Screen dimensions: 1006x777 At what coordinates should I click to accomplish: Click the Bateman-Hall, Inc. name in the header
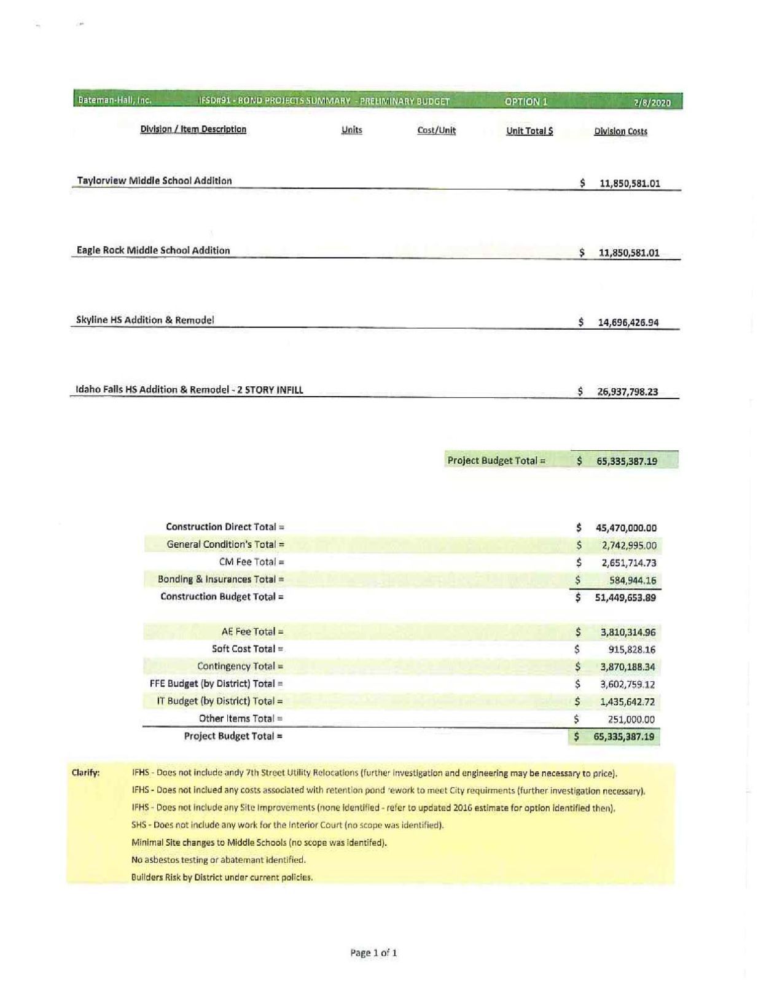[x=114, y=100]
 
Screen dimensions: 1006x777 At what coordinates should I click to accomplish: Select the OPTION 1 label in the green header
[x=526, y=101]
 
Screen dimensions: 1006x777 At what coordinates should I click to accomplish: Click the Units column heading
[x=351, y=130]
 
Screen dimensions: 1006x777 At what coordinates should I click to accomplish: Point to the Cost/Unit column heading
[x=436, y=130]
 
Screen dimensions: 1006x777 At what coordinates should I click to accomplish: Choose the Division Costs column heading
[x=620, y=131]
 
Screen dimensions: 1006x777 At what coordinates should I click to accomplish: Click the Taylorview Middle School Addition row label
[x=154, y=181]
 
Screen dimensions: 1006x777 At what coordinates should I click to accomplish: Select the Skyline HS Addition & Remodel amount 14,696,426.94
[x=628, y=322]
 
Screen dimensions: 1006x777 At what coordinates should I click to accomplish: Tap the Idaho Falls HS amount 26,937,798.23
[x=627, y=392]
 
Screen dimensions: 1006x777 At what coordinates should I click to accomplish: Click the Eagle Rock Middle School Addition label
[x=153, y=250]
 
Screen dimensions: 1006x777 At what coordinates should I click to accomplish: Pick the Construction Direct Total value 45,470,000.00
[x=626, y=528]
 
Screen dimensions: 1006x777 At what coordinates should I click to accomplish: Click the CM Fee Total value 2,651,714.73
[x=628, y=563]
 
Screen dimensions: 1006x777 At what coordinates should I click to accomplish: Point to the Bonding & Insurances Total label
[x=221, y=579]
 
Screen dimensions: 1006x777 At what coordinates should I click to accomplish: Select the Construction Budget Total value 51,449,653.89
[x=625, y=598]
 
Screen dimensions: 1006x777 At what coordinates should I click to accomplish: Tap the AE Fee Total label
[x=252, y=631]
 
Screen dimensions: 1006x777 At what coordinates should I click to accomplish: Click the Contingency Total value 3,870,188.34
[x=627, y=667]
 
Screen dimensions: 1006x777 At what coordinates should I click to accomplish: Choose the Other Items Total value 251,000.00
[x=631, y=719]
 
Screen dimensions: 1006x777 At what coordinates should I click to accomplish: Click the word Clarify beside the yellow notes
[x=85, y=773]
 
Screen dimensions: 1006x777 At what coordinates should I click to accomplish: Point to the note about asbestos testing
[x=218, y=860]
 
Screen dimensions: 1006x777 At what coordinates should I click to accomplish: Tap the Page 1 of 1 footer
[x=373, y=953]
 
